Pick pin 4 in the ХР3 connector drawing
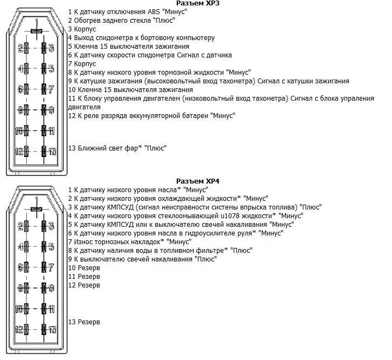(x=23, y=69)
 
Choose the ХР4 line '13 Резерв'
(x=84, y=322)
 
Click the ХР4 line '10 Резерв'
(x=84, y=268)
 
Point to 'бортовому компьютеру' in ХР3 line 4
(x=182, y=38)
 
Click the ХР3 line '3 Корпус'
(x=82, y=29)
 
